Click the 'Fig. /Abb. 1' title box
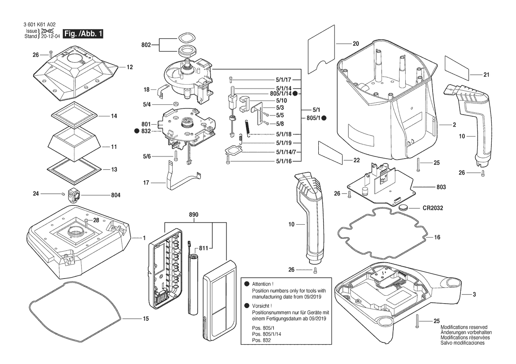(83, 34)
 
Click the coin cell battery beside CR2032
(405, 207)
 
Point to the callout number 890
(194, 215)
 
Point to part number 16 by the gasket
(437, 237)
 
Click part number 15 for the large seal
(146, 319)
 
